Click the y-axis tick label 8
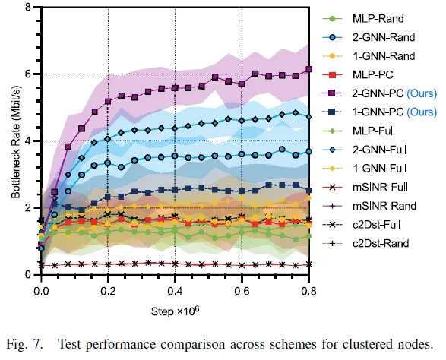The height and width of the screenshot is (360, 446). (28, 8)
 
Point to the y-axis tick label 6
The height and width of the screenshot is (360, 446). (28, 74)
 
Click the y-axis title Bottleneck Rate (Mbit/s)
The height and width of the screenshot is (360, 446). (14, 141)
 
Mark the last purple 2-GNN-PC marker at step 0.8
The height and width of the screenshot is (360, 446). (308, 69)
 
